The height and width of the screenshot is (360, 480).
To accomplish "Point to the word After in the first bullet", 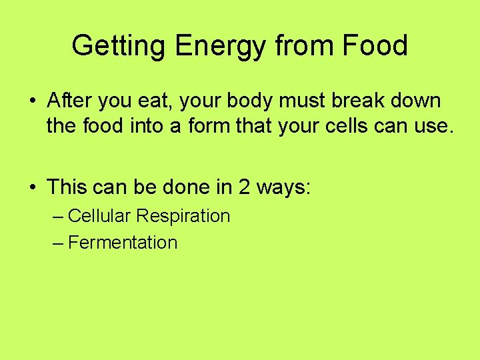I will coord(69,101).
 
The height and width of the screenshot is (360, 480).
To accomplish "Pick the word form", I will coord(201,127).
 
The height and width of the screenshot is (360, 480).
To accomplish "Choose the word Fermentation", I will coord(123,243).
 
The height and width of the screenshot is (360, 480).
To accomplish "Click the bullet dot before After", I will coord(33,102).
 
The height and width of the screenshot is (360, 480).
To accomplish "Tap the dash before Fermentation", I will coord(58,243).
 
